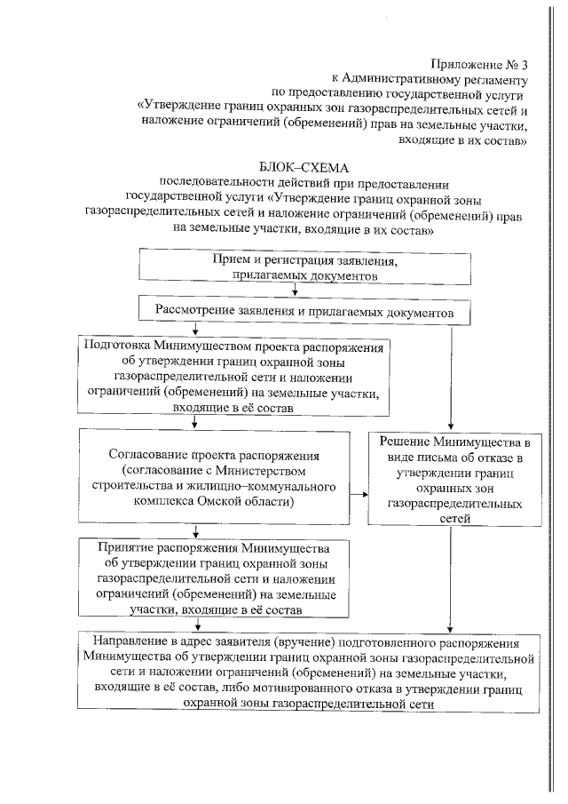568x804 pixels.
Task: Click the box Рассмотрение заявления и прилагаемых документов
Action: (x=305, y=314)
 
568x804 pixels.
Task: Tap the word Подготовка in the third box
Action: (x=115, y=346)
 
